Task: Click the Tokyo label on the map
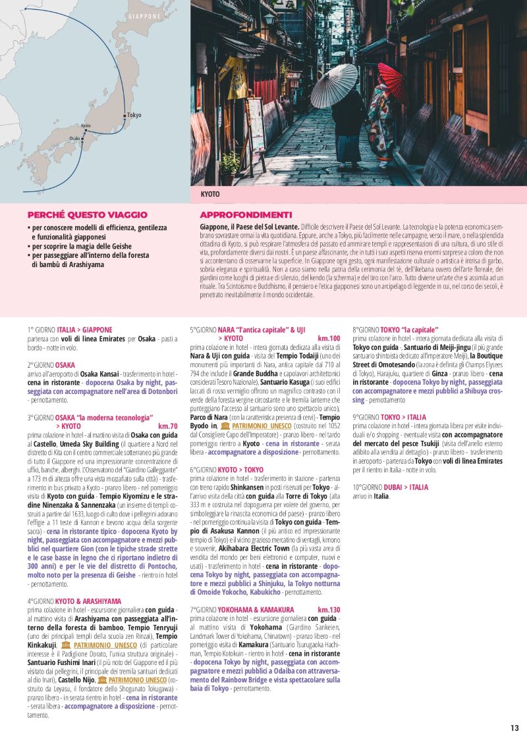pos(134,115)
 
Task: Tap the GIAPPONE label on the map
pos(144,16)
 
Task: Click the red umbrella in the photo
pos(391,80)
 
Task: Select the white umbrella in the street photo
pos(334,85)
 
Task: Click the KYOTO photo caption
pos(210,195)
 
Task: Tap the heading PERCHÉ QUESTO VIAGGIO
pos(88,214)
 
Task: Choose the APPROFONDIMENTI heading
pos(246,214)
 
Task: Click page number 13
pos(514,728)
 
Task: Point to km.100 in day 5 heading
pos(329,338)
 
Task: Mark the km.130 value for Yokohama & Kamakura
pos(329,610)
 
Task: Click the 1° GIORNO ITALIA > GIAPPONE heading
pos(70,330)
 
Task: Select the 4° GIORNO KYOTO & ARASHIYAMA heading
pos(74,601)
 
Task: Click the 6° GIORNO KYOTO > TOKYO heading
pos(227,470)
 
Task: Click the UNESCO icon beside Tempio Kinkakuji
pos(65,646)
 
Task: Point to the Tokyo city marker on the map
pos(125,115)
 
